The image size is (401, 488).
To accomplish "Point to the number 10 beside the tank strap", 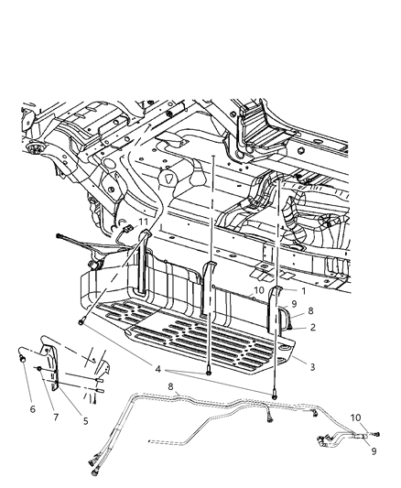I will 260,290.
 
